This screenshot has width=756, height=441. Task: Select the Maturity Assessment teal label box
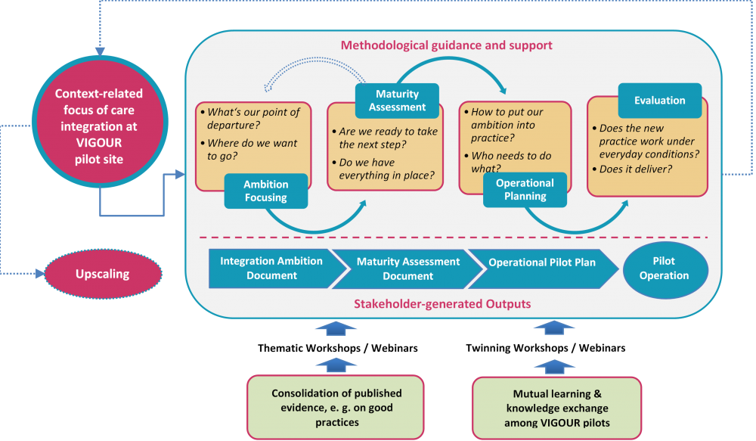(398, 101)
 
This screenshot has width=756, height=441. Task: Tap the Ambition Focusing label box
(265, 191)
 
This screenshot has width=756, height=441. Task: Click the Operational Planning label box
(525, 190)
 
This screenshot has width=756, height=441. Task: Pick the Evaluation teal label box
(659, 101)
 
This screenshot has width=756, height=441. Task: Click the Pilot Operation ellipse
(665, 268)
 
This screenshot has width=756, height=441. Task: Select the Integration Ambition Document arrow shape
(270, 268)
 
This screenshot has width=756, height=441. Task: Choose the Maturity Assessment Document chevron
(407, 269)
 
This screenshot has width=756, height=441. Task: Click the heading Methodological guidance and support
(446, 45)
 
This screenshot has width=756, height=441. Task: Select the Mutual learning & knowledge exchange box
(556, 407)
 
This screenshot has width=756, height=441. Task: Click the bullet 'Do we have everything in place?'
(386, 169)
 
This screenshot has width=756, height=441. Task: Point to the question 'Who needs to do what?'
(510, 163)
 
